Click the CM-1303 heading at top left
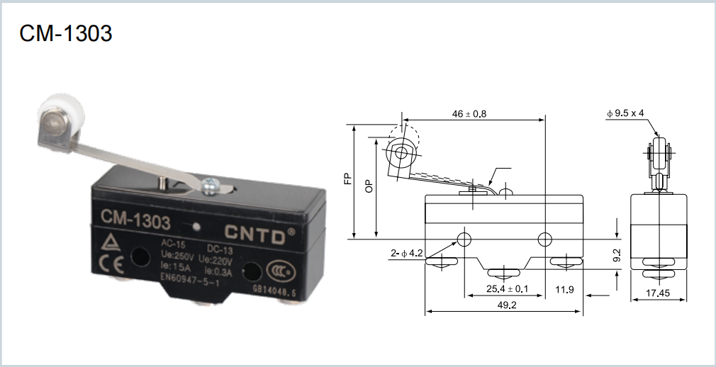[65, 33]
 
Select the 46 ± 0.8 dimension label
[469, 113]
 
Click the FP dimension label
[347, 179]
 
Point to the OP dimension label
[369, 186]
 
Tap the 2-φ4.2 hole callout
[406, 252]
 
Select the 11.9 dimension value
[564, 289]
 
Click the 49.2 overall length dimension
[504, 305]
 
